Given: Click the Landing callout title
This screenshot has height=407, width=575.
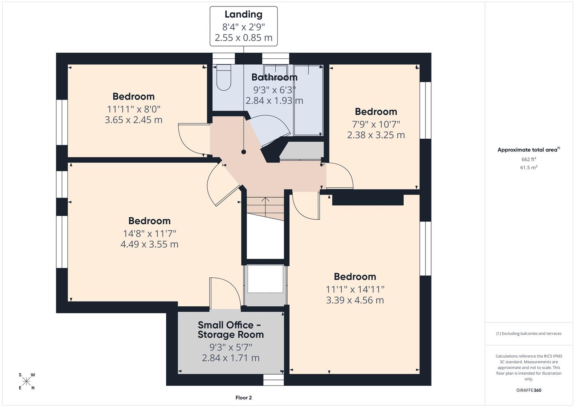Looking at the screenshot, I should click(x=243, y=15).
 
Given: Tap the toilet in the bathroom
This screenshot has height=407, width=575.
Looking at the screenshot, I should click(x=224, y=78).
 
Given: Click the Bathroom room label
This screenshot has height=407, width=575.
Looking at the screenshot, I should click(x=274, y=77).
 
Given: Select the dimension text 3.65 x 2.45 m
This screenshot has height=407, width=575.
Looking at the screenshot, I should click(x=134, y=120).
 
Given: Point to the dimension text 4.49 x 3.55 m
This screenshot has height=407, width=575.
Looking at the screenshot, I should click(x=149, y=244).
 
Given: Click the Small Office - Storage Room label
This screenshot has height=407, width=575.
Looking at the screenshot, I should click(x=230, y=330).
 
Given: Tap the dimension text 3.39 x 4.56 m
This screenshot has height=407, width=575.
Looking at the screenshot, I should click(x=355, y=300).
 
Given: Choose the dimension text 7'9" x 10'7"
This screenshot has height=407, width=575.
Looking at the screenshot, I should click(x=376, y=124).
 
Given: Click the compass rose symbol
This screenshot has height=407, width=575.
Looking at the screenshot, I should click(x=26, y=381).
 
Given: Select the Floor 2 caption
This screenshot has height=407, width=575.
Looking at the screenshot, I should click(x=243, y=398).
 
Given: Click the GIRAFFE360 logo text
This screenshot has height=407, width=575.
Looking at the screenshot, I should click(x=528, y=390).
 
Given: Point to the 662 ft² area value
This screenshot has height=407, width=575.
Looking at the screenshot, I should click(x=528, y=159).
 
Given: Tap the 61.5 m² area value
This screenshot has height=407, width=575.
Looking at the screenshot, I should click(x=528, y=168).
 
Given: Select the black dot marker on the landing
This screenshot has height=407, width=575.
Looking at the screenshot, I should click(x=244, y=152).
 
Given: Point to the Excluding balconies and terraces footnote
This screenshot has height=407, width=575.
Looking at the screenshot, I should click(x=528, y=334).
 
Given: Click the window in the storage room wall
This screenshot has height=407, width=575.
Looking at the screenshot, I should click(x=273, y=380).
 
